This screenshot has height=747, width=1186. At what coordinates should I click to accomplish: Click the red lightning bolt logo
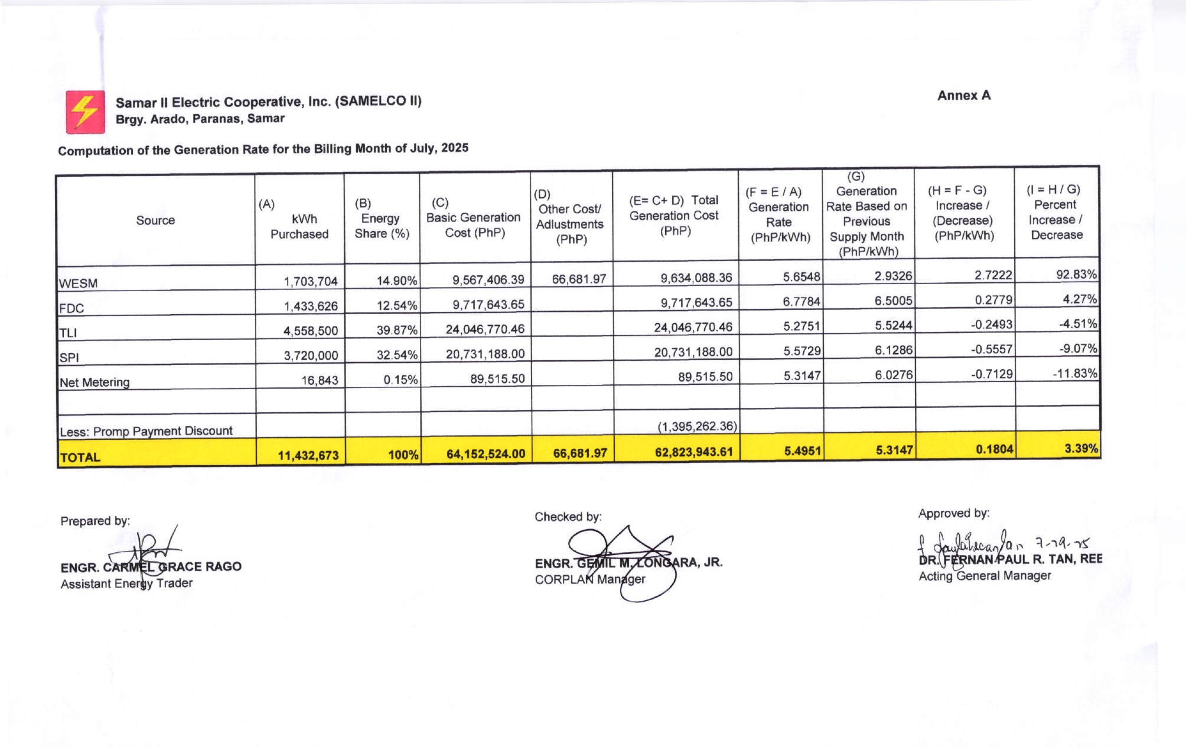[x=85, y=112]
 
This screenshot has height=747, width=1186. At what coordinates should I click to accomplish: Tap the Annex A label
[x=963, y=96]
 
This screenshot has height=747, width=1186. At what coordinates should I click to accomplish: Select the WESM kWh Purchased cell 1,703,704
[x=311, y=281]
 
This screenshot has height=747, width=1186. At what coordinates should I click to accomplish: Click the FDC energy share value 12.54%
[x=397, y=306]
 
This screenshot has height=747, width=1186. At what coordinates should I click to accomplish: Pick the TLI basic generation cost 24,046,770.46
[x=485, y=329]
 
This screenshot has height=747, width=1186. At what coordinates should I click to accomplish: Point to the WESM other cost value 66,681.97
[x=579, y=279]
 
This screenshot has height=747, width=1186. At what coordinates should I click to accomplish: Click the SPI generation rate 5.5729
[x=801, y=351]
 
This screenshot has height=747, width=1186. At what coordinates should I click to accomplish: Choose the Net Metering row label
[x=95, y=382]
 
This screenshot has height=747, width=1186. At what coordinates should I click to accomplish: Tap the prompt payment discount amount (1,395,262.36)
[x=697, y=426]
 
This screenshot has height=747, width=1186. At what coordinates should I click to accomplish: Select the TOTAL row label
[x=80, y=457]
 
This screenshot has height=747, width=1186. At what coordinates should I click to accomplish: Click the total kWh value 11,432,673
[x=308, y=455]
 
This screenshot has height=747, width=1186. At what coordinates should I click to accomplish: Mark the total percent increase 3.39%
[x=1081, y=449]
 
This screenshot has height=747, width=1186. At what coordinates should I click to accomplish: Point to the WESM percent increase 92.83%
[x=1076, y=275]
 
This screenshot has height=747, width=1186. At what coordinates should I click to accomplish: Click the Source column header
[x=155, y=220]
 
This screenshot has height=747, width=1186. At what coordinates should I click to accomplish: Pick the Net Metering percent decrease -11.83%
[x=1074, y=373]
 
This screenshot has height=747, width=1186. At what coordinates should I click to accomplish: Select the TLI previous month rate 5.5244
[x=893, y=325]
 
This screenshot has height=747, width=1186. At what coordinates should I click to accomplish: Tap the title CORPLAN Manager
[x=589, y=579]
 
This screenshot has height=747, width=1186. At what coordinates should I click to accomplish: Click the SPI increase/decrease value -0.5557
[x=992, y=350]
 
